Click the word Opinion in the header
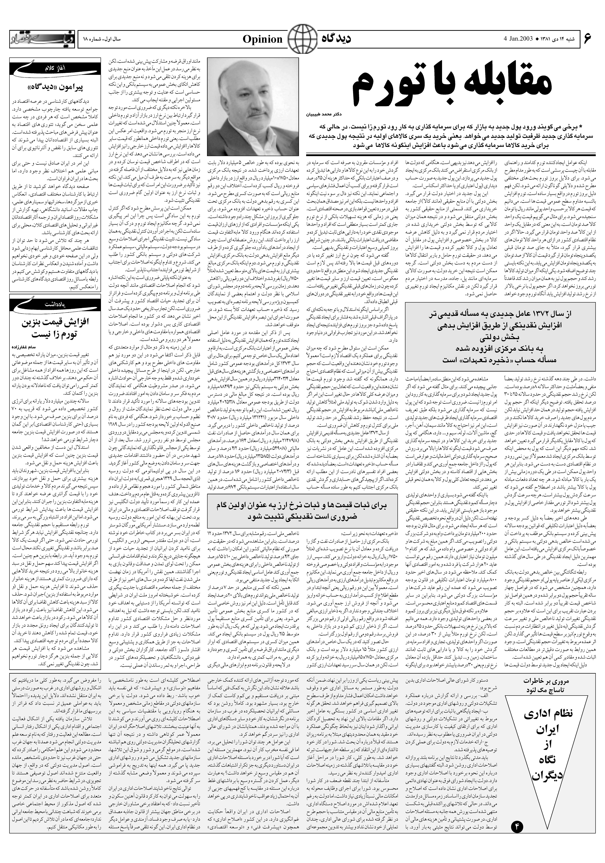coord(262,39)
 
